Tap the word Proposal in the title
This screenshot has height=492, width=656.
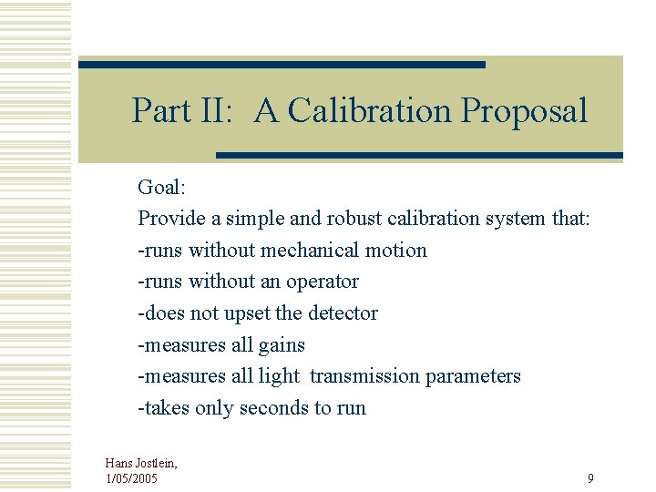524,111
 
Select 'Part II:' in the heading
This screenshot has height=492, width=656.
182,111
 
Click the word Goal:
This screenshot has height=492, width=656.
161,188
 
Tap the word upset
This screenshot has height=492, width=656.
244,313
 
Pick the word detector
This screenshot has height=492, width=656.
343,313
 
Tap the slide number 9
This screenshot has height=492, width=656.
590,478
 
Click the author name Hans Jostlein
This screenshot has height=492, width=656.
140,464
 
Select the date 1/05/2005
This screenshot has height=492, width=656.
132,478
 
